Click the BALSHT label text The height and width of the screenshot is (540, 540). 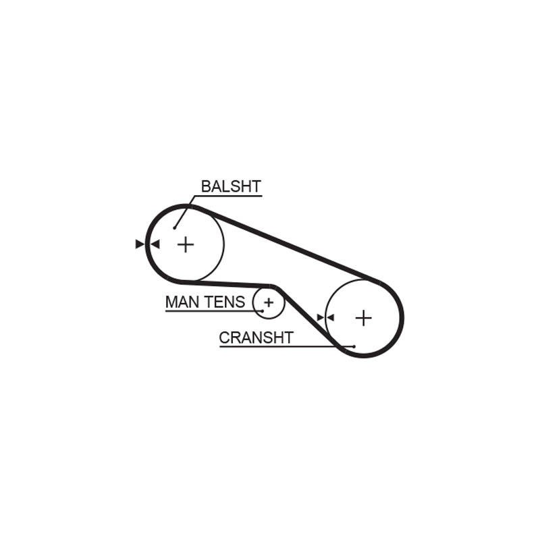point(231,186)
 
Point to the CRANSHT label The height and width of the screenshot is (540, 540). point(256,337)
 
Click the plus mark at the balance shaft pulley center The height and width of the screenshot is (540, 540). point(186,244)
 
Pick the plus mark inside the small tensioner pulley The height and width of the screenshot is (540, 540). point(269,302)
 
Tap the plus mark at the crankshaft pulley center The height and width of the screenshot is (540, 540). point(364,318)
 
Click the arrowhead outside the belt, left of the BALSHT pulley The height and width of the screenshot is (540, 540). point(140,244)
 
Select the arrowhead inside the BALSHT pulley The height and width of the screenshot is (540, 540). point(155,244)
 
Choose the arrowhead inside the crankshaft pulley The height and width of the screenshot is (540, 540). point(330,317)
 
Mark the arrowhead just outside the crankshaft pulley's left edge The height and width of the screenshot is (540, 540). point(321,317)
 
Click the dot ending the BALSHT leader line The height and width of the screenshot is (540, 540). point(175,228)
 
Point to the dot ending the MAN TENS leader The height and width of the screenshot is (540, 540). point(263,311)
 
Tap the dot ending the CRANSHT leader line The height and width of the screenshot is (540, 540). point(354,346)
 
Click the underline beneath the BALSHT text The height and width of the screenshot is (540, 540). point(228,196)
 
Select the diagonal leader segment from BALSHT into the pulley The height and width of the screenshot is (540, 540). point(184,212)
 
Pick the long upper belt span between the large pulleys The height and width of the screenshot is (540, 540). point(286,242)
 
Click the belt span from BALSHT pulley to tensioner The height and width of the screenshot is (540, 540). point(227,284)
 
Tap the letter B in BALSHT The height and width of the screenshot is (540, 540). point(206,186)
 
